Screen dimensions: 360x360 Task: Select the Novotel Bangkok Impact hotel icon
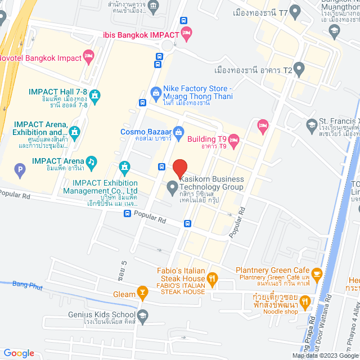(x=88, y=56)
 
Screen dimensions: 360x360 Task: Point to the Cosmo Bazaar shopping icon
(x=179, y=132)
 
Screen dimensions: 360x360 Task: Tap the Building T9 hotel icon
(x=235, y=139)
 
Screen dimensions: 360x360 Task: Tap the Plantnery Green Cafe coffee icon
(x=316, y=274)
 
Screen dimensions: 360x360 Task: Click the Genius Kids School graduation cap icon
(x=142, y=316)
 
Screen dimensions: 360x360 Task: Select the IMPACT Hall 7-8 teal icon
(x=94, y=95)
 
